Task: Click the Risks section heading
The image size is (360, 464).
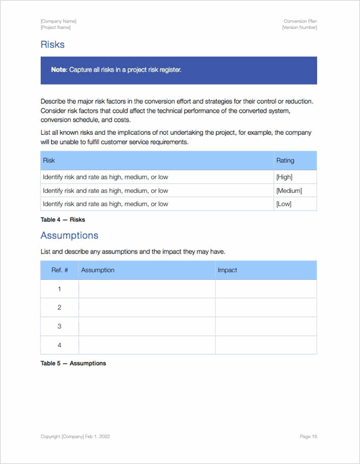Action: (52, 45)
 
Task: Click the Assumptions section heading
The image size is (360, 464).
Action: (69, 235)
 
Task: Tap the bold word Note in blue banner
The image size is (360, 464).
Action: (59, 70)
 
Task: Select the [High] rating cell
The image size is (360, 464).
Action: (284, 177)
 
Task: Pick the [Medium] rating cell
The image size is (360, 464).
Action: (289, 190)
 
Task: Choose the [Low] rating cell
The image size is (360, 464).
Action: (284, 204)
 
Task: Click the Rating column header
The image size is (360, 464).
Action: (285, 161)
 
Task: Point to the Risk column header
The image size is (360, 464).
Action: (49, 161)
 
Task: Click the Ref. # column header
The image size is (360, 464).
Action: (59, 270)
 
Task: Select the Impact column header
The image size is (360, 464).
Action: (227, 270)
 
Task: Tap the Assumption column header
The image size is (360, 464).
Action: (98, 270)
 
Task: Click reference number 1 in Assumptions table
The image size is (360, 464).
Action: (59, 289)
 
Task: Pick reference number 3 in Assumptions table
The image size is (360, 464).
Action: (59, 326)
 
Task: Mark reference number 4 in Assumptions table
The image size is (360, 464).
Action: (59, 345)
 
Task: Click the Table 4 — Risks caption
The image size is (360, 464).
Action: (62, 219)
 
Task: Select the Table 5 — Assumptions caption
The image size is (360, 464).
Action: (73, 363)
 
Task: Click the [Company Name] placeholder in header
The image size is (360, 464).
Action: (58, 21)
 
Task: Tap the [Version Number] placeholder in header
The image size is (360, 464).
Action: (299, 28)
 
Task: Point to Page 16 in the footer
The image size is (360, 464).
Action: (308, 436)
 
